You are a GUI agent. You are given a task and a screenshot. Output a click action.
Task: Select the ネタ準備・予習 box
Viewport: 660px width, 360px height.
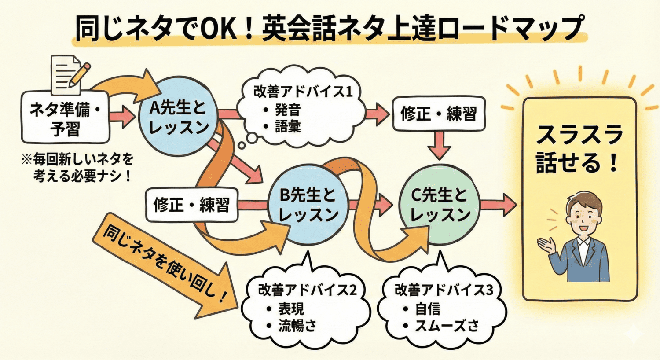65,118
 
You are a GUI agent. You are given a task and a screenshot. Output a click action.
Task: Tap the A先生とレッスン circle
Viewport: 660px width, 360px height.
178,117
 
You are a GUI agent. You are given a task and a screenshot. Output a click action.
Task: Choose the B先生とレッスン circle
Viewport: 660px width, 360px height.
308,205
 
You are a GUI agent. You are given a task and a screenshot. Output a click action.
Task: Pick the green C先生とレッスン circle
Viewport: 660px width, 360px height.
440,205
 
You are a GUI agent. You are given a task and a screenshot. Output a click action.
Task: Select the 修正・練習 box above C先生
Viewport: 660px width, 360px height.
439,114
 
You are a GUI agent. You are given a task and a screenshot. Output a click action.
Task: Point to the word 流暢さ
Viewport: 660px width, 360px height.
297,326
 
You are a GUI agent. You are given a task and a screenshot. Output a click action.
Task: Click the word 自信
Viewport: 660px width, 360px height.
427,309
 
